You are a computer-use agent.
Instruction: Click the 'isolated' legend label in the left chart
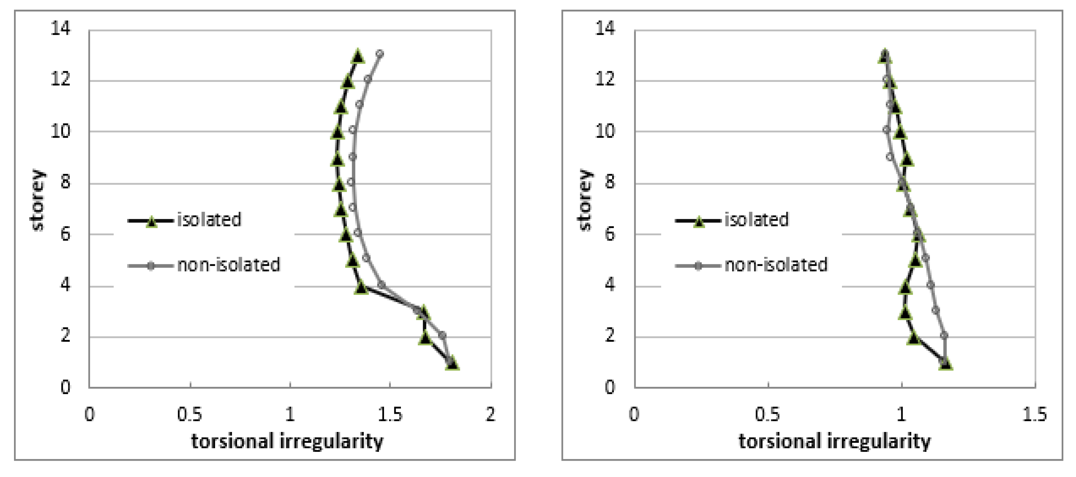pos(209,220)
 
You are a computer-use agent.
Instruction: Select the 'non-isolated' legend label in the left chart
pos(228,265)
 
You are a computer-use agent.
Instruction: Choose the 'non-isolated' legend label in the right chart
pos(776,265)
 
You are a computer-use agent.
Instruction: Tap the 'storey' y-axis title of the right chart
pos(584,200)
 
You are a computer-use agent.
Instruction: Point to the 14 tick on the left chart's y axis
pos(61,28)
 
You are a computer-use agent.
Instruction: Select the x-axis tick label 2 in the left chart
pos(490,414)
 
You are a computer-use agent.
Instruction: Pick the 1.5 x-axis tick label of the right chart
pos(1034,414)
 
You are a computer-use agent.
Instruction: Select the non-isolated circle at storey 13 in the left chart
pos(380,54)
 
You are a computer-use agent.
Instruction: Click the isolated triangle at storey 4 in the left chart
pos(361,288)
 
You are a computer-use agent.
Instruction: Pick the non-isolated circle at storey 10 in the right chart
pos(886,130)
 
